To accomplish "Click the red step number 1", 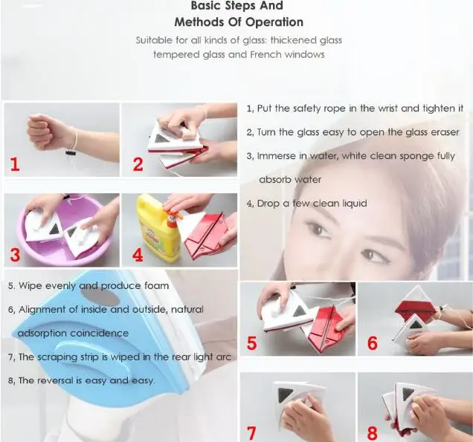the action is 15,164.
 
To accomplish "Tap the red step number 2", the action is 138,164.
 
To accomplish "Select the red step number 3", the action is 15,255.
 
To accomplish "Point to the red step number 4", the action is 138,255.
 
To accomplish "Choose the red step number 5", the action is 252,343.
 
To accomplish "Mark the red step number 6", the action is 373,343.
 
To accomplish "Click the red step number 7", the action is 252,433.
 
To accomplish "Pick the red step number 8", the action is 373,433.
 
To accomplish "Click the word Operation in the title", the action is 274,22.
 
